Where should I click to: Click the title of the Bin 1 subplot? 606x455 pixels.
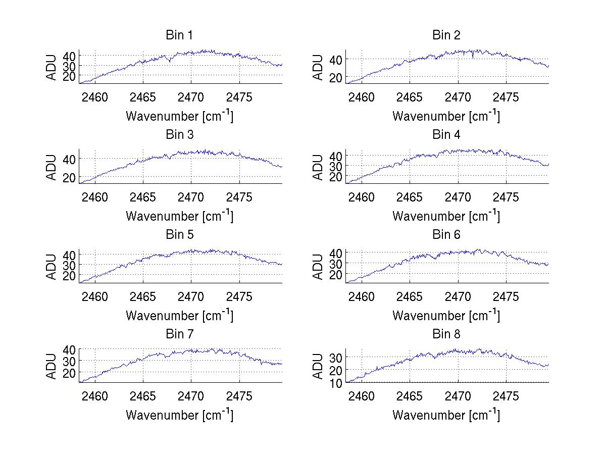click(x=179, y=35)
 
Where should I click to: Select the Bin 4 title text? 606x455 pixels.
click(x=446, y=135)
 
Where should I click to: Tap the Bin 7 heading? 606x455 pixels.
click(x=179, y=334)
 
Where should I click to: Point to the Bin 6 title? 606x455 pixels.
click(x=446, y=235)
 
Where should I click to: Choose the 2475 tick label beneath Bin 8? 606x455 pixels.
click(x=506, y=396)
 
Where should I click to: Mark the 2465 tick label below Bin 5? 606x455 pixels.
click(x=143, y=296)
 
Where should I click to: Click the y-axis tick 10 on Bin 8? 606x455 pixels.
click(x=336, y=383)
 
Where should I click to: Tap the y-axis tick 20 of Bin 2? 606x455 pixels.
click(x=336, y=77)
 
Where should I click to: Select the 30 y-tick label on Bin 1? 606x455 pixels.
click(x=69, y=66)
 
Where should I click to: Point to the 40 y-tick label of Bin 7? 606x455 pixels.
click(x=69, y=349)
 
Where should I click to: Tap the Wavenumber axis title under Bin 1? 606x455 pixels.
click(x=179, y=116)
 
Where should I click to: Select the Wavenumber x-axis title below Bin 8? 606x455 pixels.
click(x=446, y=415)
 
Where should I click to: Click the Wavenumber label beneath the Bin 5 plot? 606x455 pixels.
click(x=179, y=315)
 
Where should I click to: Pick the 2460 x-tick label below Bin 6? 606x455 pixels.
click(x=362, y=296)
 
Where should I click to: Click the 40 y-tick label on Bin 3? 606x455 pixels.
click(x=69, y=159)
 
